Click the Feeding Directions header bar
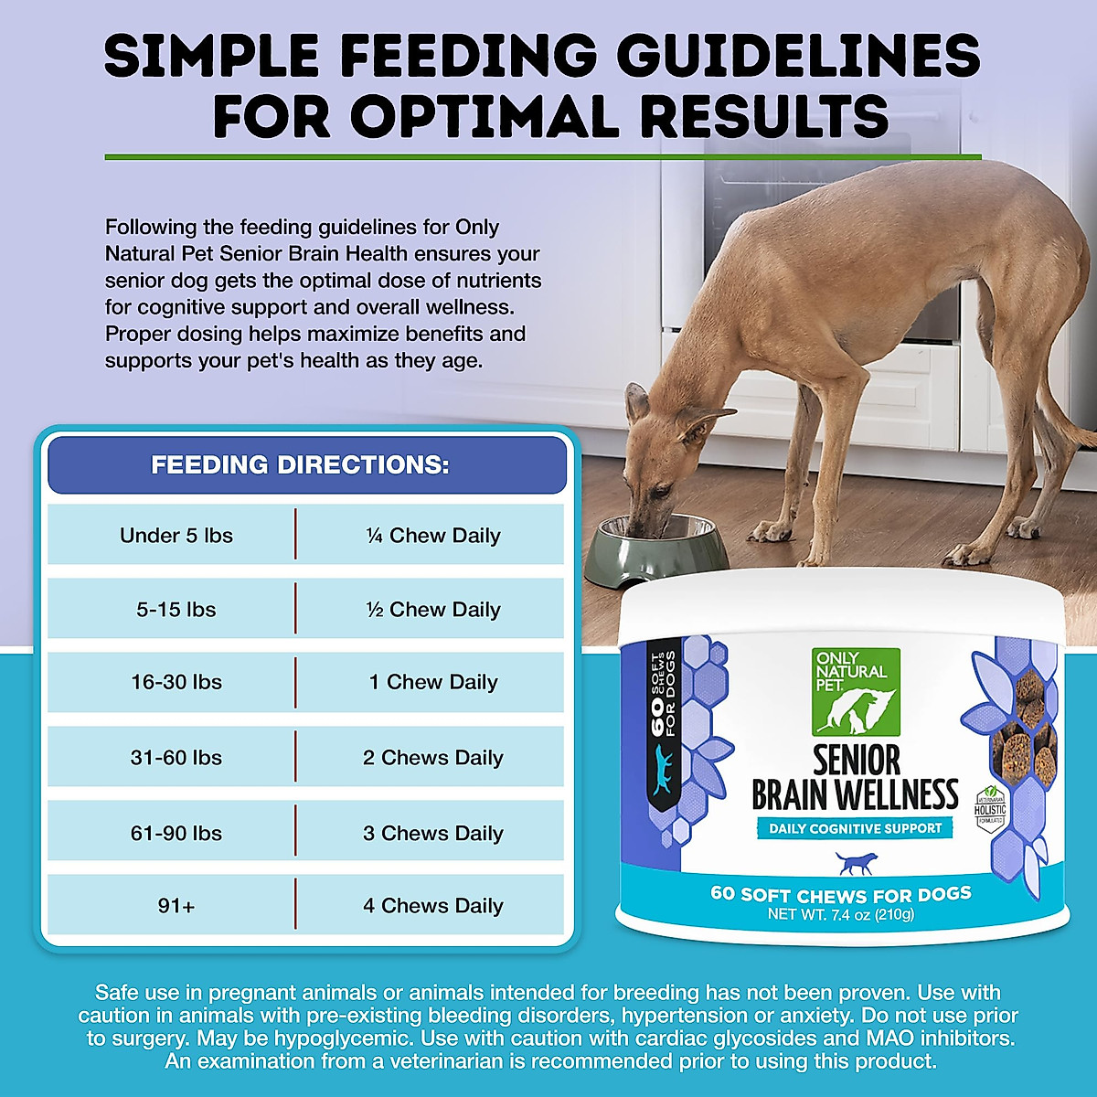307,464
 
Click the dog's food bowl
655,551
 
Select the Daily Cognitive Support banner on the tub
855,828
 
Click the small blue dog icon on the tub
856,863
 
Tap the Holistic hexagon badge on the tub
990,809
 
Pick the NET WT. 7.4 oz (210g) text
841,914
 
